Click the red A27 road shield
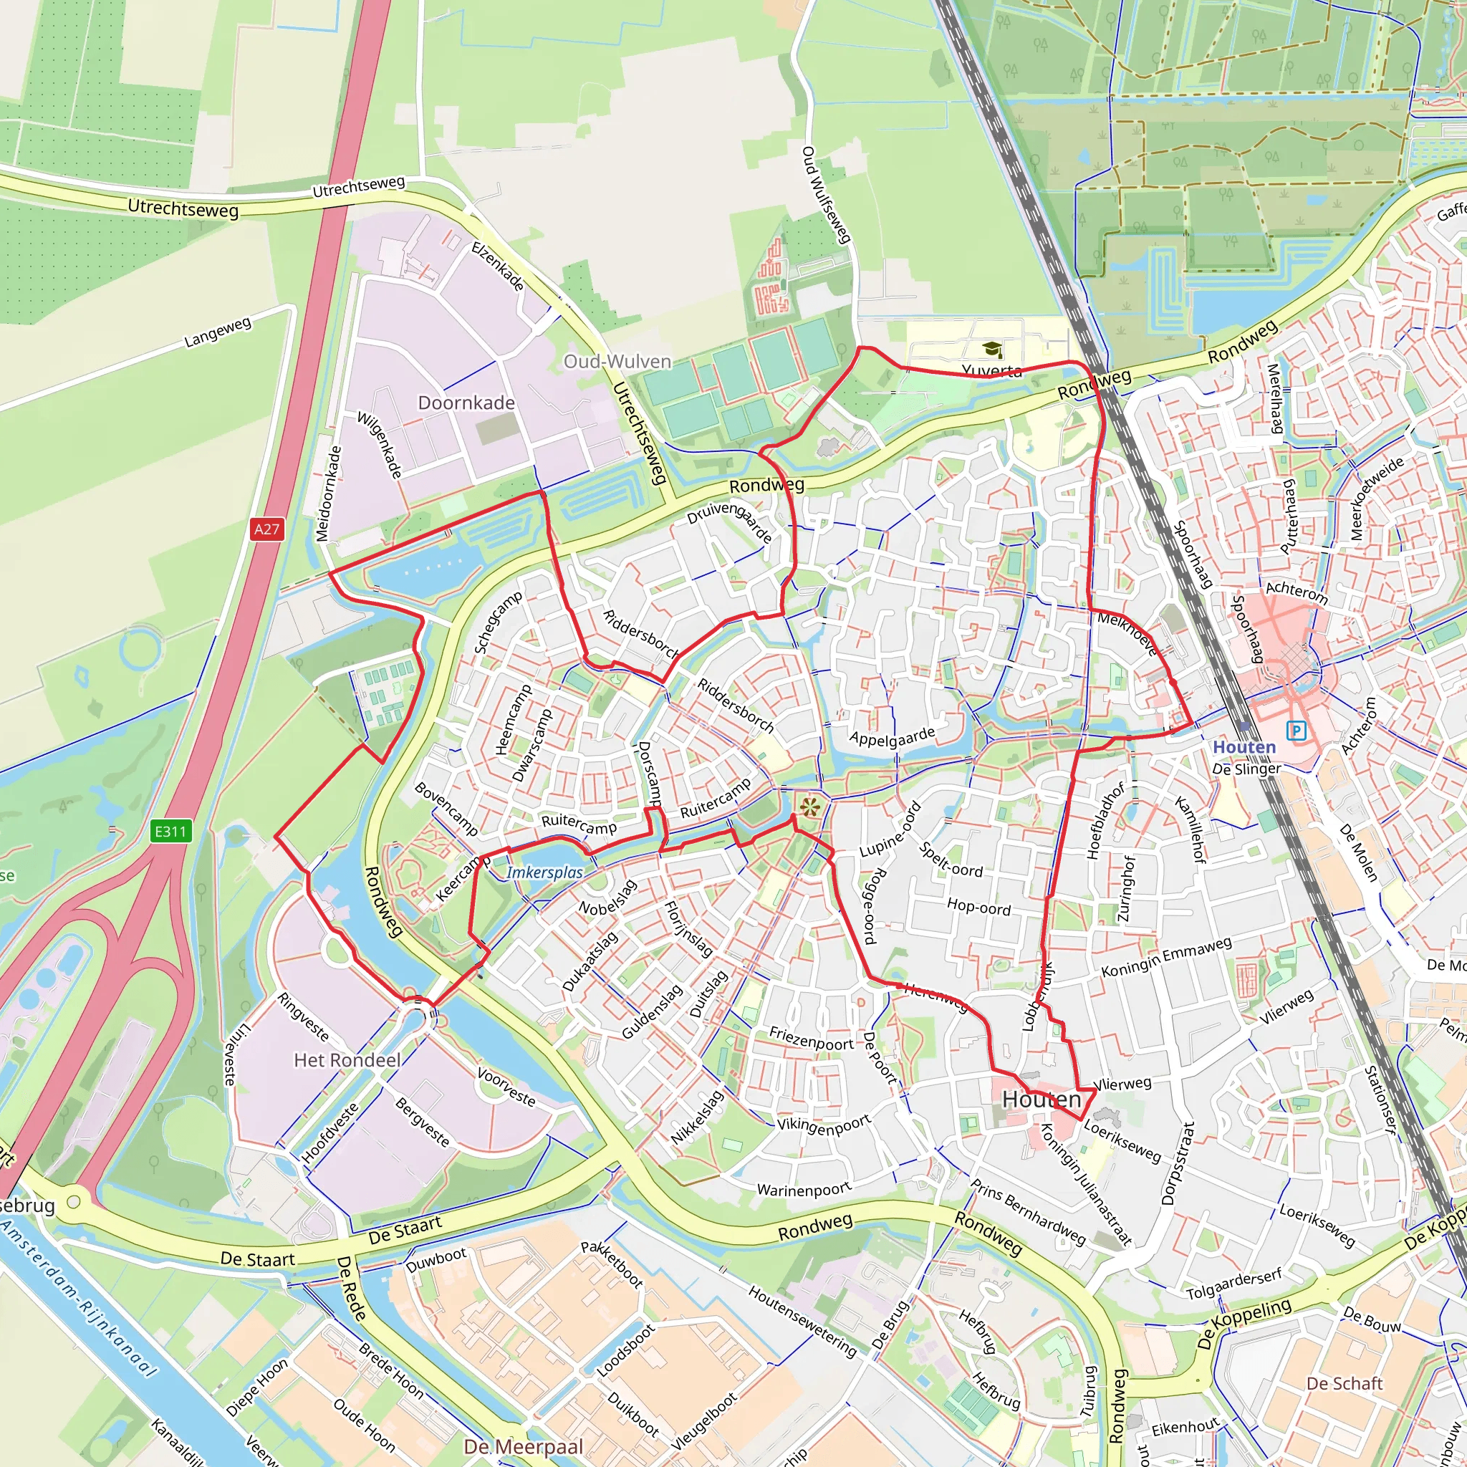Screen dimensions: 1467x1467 pos(266,529)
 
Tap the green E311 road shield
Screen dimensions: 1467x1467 pos(170,831)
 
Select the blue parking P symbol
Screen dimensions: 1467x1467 pos(1295,731)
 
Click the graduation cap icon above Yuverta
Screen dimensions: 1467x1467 pos(991,350)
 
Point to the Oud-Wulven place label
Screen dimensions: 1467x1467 pos(617,362)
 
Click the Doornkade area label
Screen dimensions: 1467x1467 pos(466,403)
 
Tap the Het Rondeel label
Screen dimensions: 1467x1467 pos(347,1060)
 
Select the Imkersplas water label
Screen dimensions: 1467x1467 pos(544,872)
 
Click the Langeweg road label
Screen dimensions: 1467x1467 pos(217,332)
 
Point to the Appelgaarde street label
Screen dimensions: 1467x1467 pos(893,736)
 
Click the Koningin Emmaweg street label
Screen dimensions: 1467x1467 pos(1166,958)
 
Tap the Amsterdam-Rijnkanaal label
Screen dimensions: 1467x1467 pos(80,1299)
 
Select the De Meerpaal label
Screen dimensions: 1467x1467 pos(523,1446)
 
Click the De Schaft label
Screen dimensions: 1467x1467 pos(1344,1383)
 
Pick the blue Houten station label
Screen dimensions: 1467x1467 pos(1244,747)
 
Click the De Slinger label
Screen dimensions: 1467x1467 pos(1246,769)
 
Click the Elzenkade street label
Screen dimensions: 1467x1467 pos(497,266)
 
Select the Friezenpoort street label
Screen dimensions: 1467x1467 pos(811,1039)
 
